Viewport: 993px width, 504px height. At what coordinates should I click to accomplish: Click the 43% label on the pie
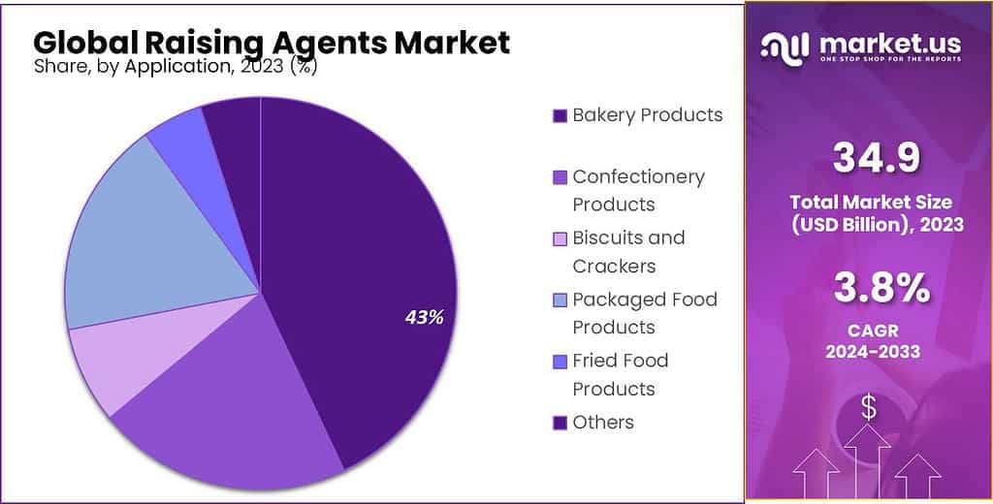424,317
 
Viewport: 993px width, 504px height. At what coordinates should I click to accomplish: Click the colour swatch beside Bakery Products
560,115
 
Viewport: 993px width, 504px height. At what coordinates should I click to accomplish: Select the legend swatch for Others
560,423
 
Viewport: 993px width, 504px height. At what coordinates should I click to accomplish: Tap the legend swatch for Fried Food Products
560,362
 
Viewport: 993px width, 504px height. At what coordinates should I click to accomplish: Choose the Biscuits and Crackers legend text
628,251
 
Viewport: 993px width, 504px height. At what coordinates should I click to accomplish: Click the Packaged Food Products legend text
644,313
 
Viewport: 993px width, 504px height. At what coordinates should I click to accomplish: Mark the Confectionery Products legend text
638,190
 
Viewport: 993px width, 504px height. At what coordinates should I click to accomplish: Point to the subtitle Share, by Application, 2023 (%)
175,67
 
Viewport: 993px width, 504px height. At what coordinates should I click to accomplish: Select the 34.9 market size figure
868,158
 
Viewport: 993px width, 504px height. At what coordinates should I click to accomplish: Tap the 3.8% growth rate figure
868,288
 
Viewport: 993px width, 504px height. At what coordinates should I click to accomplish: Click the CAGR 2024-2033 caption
868,339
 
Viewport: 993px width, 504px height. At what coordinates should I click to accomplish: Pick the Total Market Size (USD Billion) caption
868,213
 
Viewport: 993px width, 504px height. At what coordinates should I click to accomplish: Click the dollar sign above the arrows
868,408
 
